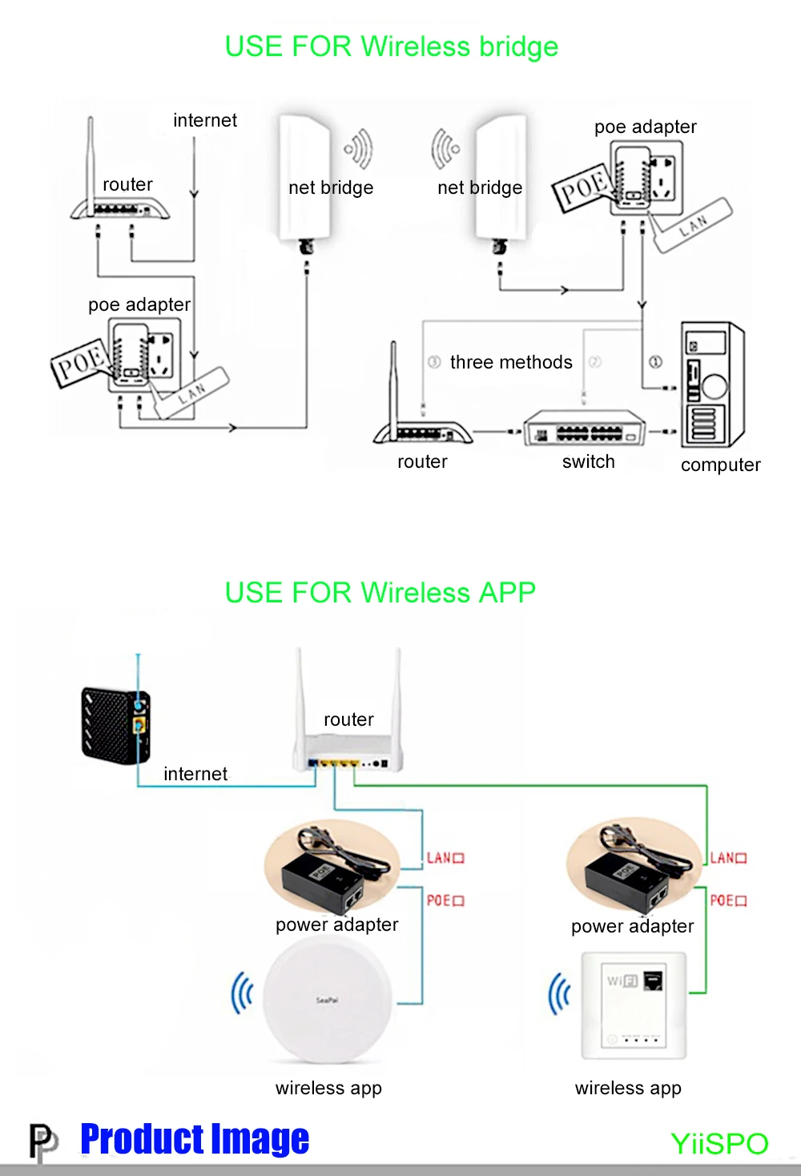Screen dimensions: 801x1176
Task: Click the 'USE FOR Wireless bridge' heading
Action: point(391,46)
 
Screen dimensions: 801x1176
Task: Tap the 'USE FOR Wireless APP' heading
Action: point(380,592)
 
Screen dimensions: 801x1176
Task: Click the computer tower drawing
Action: point(712,385)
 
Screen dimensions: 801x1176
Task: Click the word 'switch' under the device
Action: point(589,461)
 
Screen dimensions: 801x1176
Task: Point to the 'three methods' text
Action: point(511,362)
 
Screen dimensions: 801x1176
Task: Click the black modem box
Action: point(116,725)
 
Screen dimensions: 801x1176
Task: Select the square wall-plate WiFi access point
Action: point(634,1005)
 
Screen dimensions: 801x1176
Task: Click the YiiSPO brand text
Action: point(719,1144)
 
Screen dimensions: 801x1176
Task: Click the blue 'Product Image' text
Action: point(195,1138)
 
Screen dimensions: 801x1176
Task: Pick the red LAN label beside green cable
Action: point(728,858)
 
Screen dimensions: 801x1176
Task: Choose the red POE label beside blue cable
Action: point(445,900)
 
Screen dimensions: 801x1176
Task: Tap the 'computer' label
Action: point(720,465)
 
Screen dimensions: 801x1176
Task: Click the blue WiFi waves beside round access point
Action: point(243,993)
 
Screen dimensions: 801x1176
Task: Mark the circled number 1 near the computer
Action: point(655,362)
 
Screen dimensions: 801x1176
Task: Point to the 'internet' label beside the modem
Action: point(195,774)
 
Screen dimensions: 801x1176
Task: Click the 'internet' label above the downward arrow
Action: point(205,120)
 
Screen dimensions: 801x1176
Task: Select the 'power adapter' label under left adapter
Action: point(336,924)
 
